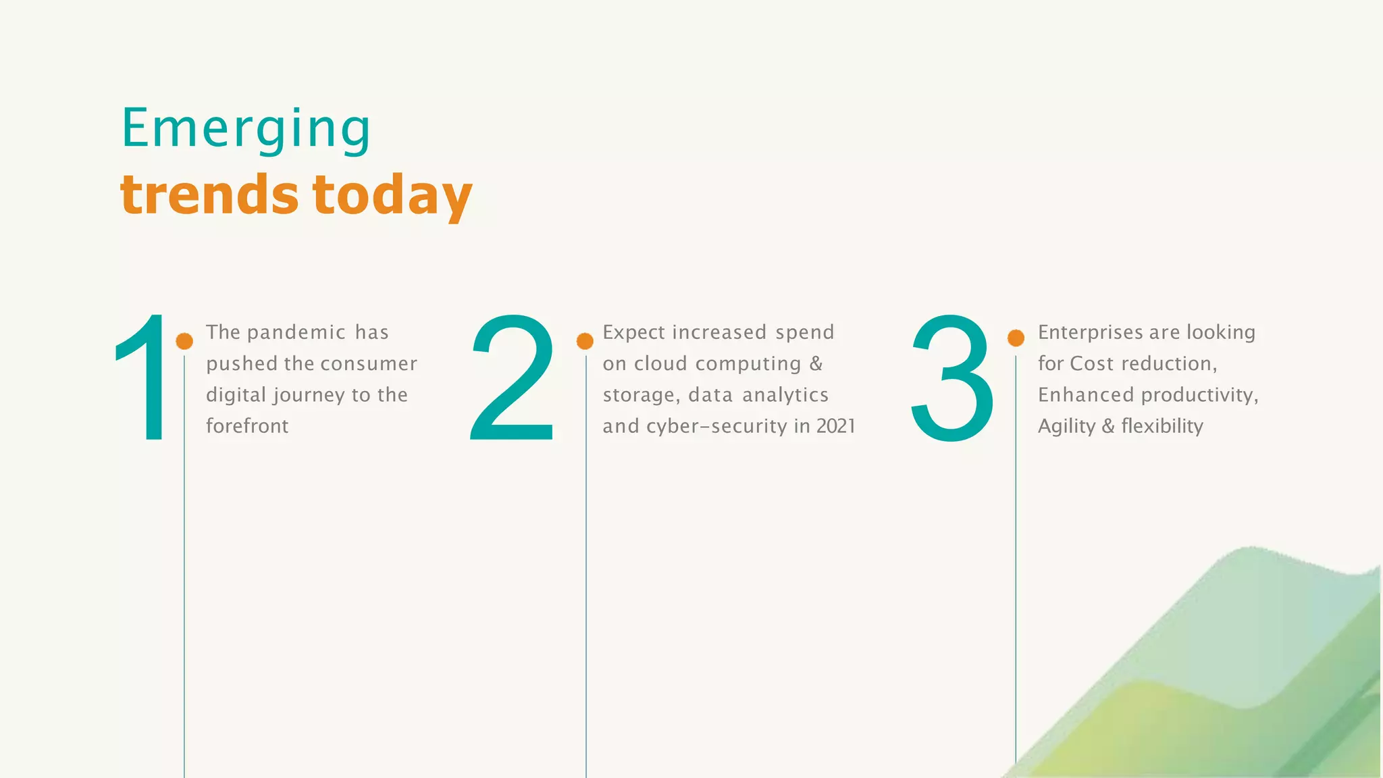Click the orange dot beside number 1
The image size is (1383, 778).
click(x=184, y=341)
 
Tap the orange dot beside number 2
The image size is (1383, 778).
click(x=585, y=341)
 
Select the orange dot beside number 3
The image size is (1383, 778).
click(x=1016, y=338)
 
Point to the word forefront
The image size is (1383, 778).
click(x=247, y=426)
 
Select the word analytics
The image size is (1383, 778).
click(x=785, y=395)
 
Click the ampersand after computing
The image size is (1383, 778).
click(x=816, y=363)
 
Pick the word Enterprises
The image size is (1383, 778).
click(x=1091, y=332)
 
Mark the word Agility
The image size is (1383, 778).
click(x=1066, y=427)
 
